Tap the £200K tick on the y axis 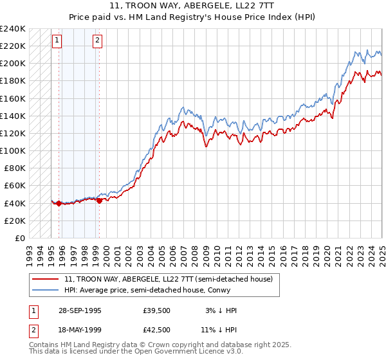coord(13,63)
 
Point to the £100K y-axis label coord(13,150)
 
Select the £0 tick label coord(20,238)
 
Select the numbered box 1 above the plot coord(57,40)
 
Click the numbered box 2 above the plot coord(97,40)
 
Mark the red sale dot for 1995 coord(59,204)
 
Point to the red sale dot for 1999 coord(99,201)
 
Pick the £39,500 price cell coord(157,310)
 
